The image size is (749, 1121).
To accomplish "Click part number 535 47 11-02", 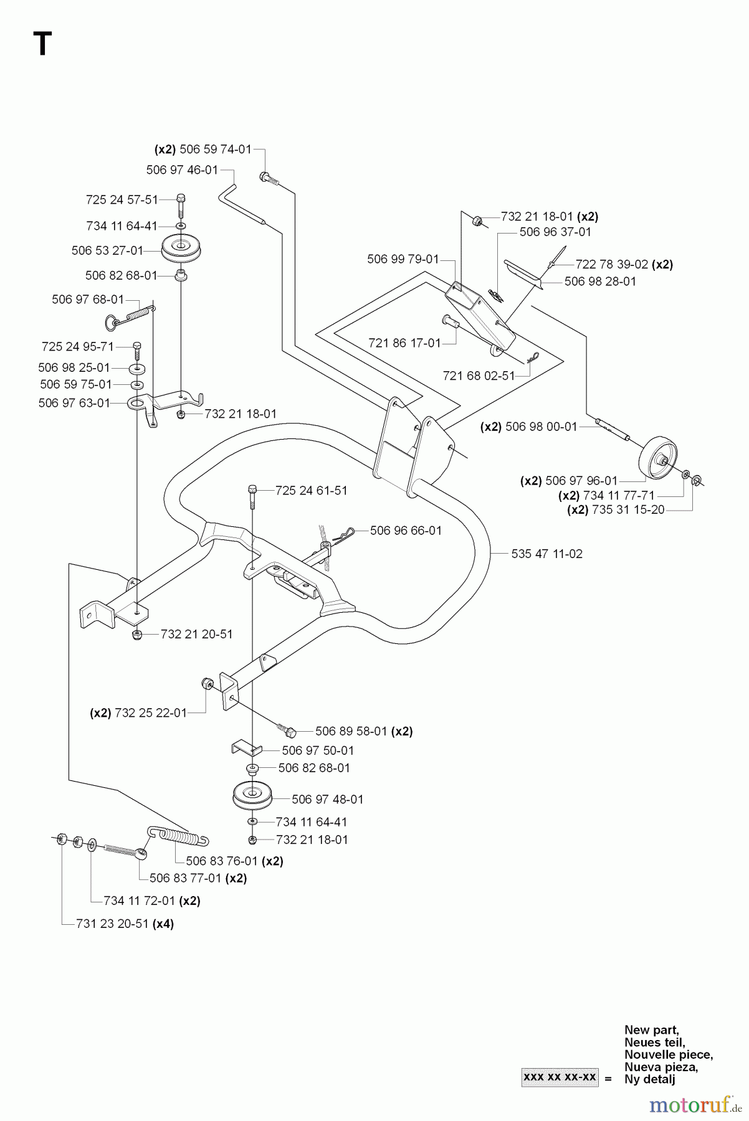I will (x=546, y=554).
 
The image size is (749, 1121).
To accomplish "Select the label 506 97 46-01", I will (x=182, y=170).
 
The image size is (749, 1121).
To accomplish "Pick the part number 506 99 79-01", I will (x=403, y=259).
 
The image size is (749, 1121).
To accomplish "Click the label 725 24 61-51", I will (x=311, y=491).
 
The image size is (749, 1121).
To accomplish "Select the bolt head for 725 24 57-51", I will (x=181, y=199).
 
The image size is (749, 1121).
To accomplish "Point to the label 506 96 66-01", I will (x=406, y=531).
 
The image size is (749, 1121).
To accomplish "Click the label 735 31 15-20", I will (x=616, y=509).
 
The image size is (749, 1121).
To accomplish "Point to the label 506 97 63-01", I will (x=74, y=403).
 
